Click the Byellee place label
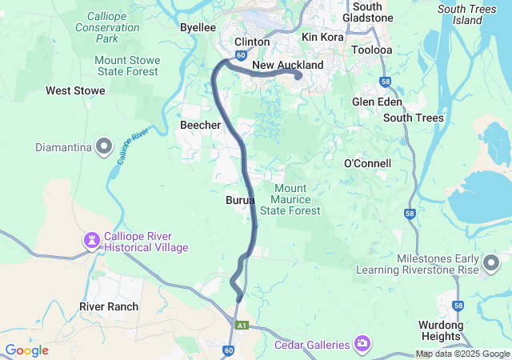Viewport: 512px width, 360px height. tap(198, 26)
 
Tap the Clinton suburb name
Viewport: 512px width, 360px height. tap(251, 42)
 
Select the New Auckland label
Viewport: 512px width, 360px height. tap(287, 65)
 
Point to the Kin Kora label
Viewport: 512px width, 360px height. tap(322, 37)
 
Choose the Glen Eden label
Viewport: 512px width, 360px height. tap(377, 102)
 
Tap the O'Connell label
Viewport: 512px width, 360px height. tap(367, 163)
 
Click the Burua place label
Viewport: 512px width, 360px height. tap(240, 199)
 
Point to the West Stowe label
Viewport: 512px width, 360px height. tap(75, 90)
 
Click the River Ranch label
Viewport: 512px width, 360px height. tap(109, 306)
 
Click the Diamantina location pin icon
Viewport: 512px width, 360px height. tap(104, 146)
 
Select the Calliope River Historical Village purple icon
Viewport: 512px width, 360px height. tap(92, 240)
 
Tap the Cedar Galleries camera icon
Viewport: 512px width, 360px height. tap(363, 344)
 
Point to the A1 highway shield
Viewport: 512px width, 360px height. tap(242, 326)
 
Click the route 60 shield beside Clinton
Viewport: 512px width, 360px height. tap(241, 56)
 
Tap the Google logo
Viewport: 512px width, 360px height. tap(27, 350)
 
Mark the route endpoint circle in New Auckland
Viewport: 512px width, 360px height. tap(298, 77)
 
